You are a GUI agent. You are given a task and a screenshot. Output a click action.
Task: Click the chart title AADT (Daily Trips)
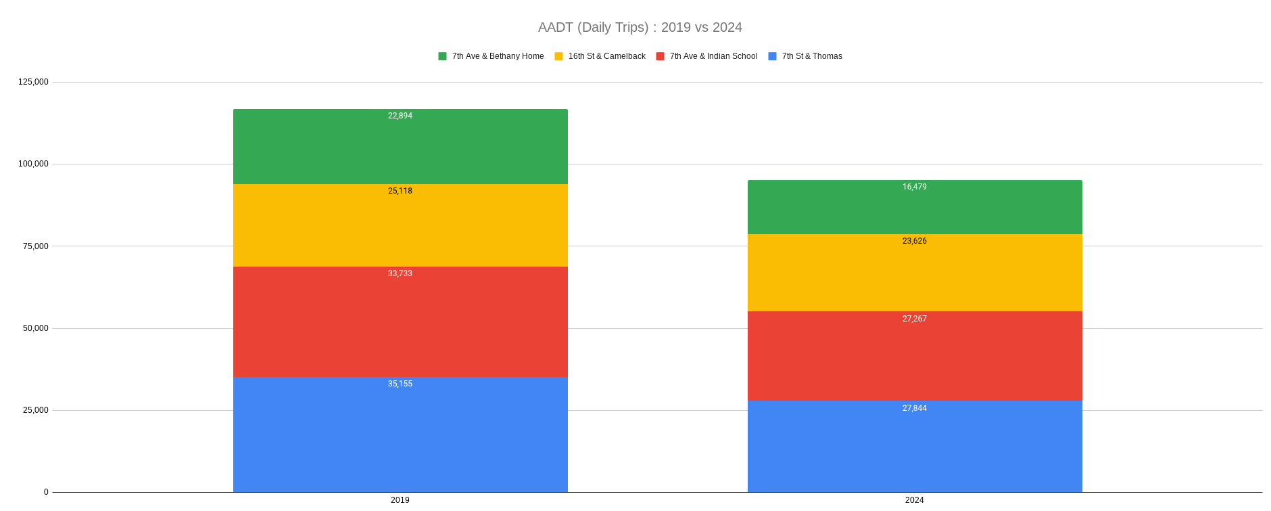coord(640,28)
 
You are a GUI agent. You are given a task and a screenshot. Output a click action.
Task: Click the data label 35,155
coord(400,384)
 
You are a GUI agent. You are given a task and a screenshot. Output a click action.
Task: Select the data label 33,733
coord(400,273)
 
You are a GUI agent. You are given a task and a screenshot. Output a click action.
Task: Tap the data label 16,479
coord(914,187)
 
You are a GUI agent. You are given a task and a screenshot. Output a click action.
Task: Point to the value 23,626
coord(914,241)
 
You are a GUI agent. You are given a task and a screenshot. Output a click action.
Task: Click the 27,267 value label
coord(914,319)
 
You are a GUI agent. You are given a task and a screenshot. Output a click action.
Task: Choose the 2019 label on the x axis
coord(400,500)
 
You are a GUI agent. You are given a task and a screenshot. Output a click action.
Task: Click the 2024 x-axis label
coord(914,500)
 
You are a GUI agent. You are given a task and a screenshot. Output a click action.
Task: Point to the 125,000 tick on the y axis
coord(33,82)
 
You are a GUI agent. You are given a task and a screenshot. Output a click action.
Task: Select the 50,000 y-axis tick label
coord(35,328)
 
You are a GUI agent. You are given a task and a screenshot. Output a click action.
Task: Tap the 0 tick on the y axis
coord(46,492)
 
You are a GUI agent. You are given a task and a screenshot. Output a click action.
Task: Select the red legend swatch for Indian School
coord(661,56)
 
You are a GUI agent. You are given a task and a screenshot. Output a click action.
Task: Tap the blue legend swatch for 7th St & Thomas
coord(773,56)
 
